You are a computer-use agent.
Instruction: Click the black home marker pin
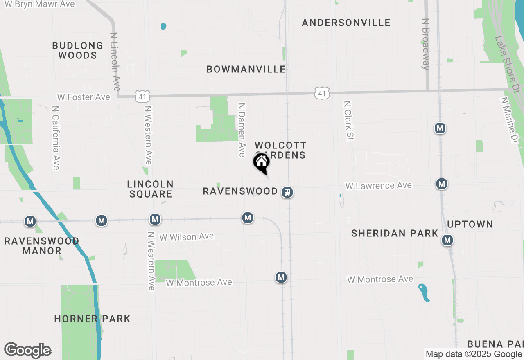261,163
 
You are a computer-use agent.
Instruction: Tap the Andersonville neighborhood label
346,22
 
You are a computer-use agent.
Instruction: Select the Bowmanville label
246,69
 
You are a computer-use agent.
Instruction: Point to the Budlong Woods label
77,50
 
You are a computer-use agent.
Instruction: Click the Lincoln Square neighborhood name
150,189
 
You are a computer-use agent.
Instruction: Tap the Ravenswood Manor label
41,246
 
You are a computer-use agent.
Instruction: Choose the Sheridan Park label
395,233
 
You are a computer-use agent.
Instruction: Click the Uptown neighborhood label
470,224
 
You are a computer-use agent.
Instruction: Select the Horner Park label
92,319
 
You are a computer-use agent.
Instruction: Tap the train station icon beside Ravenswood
287,192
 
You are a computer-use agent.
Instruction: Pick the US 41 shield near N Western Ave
143,97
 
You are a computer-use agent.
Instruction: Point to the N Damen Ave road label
242,129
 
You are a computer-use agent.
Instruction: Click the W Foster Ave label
84,97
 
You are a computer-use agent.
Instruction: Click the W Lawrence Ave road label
378,186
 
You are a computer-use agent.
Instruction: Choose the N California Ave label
56,138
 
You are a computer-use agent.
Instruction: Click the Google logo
27,350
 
